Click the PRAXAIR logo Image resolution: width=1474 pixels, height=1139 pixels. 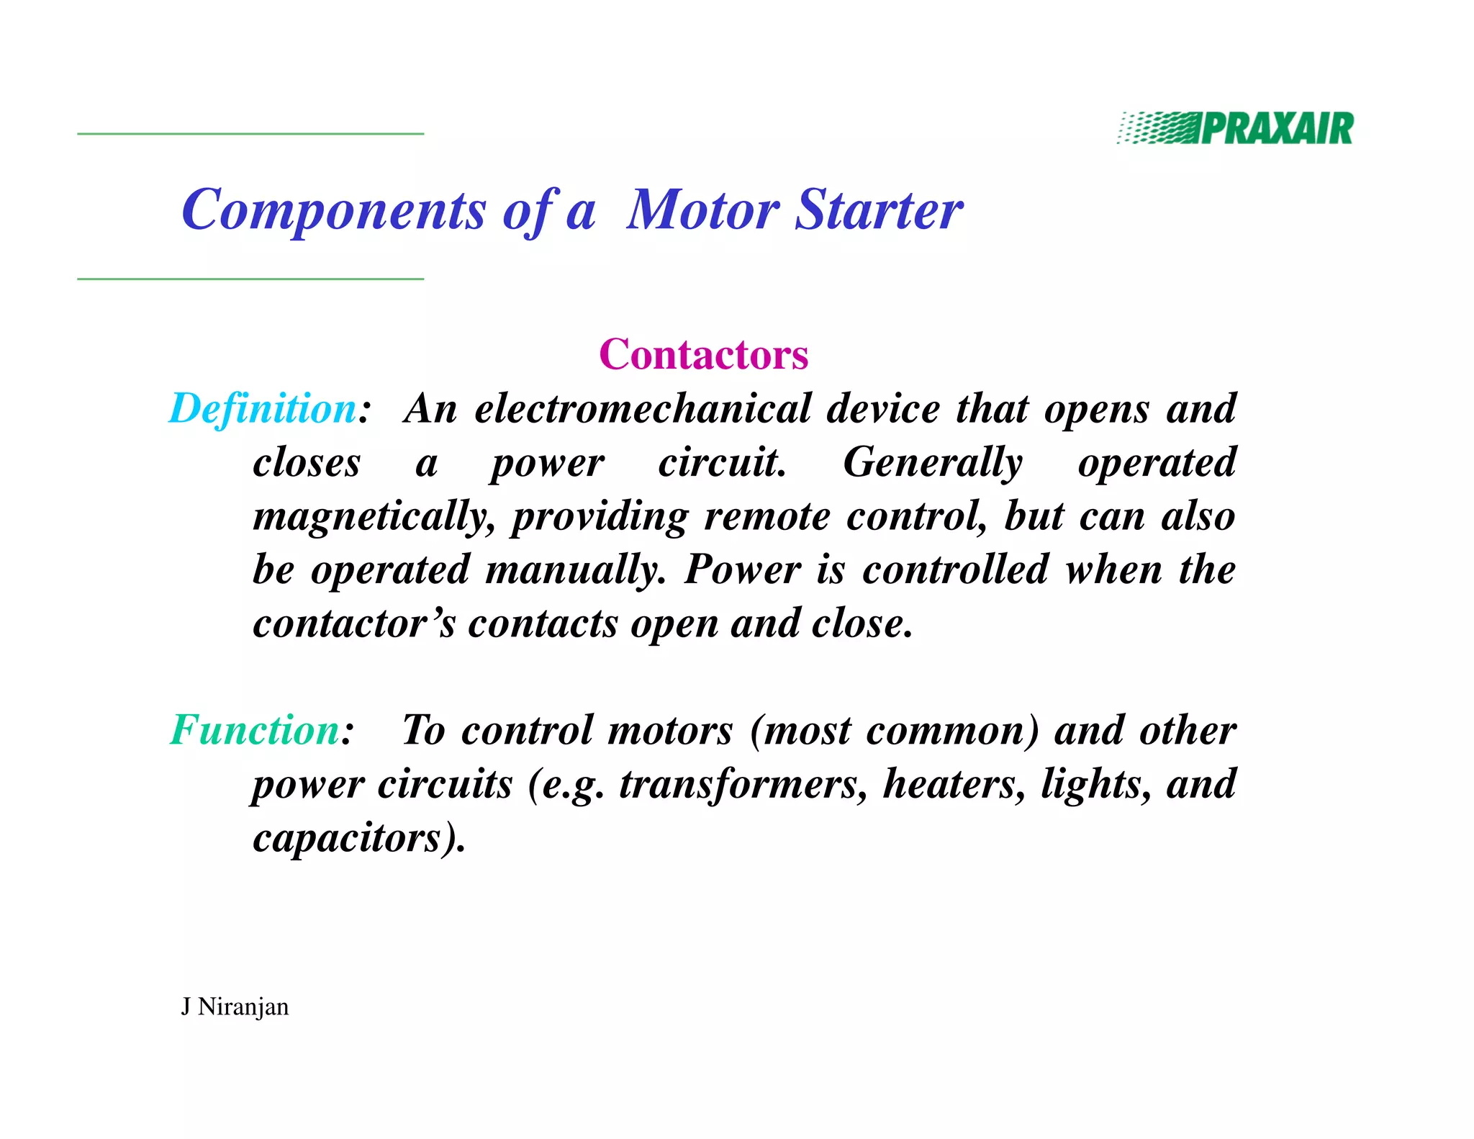coord(1235,129)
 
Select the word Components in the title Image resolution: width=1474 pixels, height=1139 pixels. coord(333,211)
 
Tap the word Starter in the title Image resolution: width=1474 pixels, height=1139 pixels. coord(879,210)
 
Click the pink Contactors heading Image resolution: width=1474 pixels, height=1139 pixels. coord(703,354)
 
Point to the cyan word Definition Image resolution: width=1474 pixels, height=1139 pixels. coord(263,408)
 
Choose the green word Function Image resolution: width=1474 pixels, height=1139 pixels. coord(255,730)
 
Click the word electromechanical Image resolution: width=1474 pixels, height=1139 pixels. coord(643,409)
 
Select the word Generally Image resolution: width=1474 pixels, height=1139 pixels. coord(932,462)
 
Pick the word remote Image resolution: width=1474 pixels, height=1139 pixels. coord(767,516)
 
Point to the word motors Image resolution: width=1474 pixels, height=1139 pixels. coord(670,730)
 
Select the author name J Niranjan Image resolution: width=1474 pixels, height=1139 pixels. coord(235,1007)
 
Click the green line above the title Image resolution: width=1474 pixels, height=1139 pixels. coord(250,134)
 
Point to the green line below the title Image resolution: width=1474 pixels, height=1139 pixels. coord(250,279)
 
